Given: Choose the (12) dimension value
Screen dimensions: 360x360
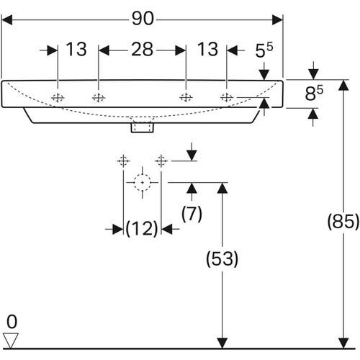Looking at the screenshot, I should (x=141, y=229).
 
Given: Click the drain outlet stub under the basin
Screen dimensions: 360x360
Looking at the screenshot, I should (x=143, y=127).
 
